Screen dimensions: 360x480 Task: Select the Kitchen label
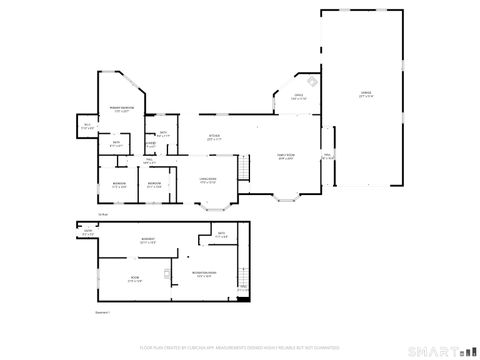[x=214, y=138]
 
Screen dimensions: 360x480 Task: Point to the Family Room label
[x=285, y=157]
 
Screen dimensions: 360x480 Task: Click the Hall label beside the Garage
[x=327, y=155]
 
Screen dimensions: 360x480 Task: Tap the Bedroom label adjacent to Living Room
[x=154, y=185]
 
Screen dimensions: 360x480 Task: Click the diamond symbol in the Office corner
[x=311, y=82]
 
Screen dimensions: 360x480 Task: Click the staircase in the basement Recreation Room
[x=241, y=293]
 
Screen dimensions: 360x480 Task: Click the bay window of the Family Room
[x=287, y=198]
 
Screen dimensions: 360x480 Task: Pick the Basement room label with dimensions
[x=148, y=241]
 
